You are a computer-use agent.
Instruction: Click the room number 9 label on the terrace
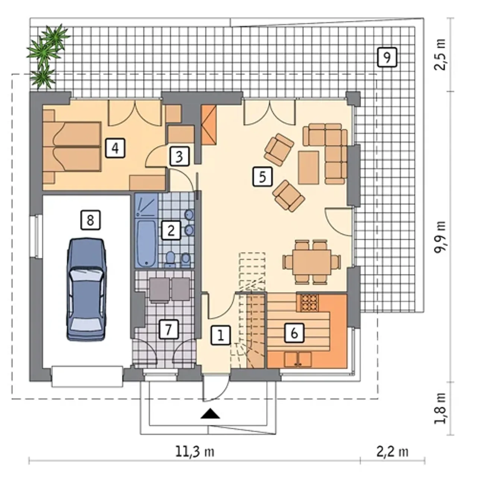(x=387, y=57)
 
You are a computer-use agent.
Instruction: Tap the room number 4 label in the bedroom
(x=115, y=148)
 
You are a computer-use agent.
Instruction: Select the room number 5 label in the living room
(x=262, y=176)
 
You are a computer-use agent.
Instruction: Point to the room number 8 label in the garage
(x=90, y=220)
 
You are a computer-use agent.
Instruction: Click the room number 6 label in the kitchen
(x=294, y=333)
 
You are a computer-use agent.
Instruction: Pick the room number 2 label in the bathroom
(x=171, y=230)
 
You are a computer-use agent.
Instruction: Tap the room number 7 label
(x=169, y=329)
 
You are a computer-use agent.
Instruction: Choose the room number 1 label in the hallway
(x=221, y=335)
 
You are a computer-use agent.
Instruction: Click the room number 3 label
(x=179, y=157)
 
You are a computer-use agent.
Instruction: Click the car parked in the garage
(x=86, y=290)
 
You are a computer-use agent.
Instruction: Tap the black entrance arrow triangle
(x=210, y=414)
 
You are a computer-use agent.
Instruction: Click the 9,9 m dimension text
(x=440, y=238)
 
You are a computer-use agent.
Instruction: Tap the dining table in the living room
(x=312, y=262)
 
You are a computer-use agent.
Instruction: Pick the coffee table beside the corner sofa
(x=309, y=168)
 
